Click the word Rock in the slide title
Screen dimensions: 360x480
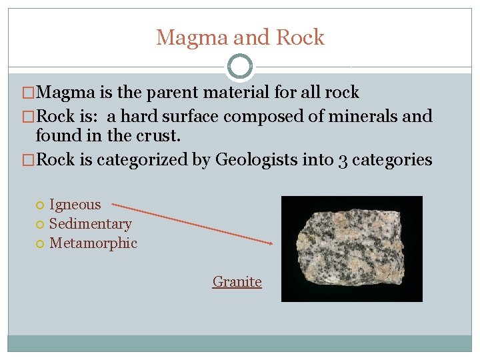300,38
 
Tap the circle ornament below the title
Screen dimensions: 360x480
239,67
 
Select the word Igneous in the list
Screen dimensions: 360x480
75,205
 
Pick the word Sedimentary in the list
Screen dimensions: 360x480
90,224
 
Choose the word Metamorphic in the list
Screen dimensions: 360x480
93,243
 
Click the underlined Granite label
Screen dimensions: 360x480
237,282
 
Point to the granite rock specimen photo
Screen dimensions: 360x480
352,248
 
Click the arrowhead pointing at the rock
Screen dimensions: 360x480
270,243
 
